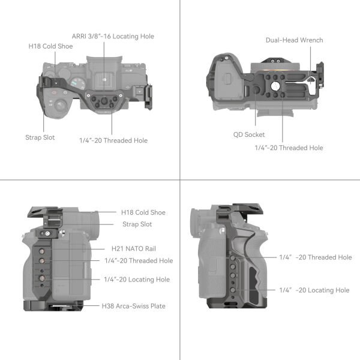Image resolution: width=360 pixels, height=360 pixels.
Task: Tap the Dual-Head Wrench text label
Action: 294,40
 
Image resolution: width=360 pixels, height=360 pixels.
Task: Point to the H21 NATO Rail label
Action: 136,248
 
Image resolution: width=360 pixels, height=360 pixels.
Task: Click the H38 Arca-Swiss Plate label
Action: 133,306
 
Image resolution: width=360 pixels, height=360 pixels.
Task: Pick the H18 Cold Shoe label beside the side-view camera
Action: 143,212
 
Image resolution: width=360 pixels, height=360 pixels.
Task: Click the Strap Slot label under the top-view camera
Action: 40,137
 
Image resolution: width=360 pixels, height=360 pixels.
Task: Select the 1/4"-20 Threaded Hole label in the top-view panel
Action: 113,140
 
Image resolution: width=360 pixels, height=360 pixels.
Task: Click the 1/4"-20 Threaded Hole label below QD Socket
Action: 289,148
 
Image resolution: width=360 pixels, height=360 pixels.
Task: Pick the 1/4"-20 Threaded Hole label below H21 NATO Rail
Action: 138,260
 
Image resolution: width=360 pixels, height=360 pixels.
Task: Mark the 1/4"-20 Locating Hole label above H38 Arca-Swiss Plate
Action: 136,280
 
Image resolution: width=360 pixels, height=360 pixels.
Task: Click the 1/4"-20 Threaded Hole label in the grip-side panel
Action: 315,257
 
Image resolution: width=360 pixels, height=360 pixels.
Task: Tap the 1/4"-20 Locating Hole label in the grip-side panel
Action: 314,290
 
